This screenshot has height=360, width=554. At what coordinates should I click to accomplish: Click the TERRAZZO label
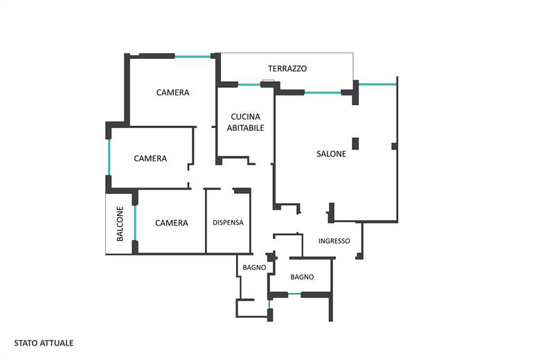(x=287, y=69)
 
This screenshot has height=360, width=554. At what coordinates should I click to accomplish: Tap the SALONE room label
(x=331, y=154)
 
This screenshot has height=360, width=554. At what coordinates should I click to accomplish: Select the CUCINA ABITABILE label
(x=245, y=123)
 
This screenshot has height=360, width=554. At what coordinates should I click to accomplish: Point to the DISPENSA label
(x=228, y=222)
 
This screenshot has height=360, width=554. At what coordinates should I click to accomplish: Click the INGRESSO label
(x=334, y=241)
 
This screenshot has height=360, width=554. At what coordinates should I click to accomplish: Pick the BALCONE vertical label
(x=120, y=224)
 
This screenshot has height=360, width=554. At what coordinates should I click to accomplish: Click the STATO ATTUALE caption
(x=44, y=343)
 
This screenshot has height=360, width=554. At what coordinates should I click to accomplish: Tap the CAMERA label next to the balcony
(x=171, y=223)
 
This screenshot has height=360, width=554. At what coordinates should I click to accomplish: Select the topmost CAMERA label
(x=172, y=93)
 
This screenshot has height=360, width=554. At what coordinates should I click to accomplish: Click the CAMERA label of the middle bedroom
(x=150, y=159)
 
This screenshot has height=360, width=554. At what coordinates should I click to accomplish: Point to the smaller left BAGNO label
(x=254, y=267)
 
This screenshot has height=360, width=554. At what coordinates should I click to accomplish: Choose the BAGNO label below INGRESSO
(x=302, y=277)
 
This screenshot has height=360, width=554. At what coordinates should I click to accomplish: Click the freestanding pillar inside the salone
(x=355, y=143)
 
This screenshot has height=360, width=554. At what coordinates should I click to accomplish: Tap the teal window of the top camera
(x=193, y=57)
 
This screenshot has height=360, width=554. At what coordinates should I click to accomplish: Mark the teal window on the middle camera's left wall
(x=109, y=157)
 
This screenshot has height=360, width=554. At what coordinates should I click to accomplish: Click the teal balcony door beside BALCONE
(x=135, y=223)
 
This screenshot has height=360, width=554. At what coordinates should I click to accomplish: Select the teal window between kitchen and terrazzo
(x=249, y=84)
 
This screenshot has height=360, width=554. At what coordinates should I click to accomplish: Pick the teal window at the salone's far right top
(x=377, y=84)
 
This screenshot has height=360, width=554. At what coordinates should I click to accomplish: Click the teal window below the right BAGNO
(x=294, y=294)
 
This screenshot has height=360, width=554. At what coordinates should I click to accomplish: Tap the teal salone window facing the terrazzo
(x=323, y=93)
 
